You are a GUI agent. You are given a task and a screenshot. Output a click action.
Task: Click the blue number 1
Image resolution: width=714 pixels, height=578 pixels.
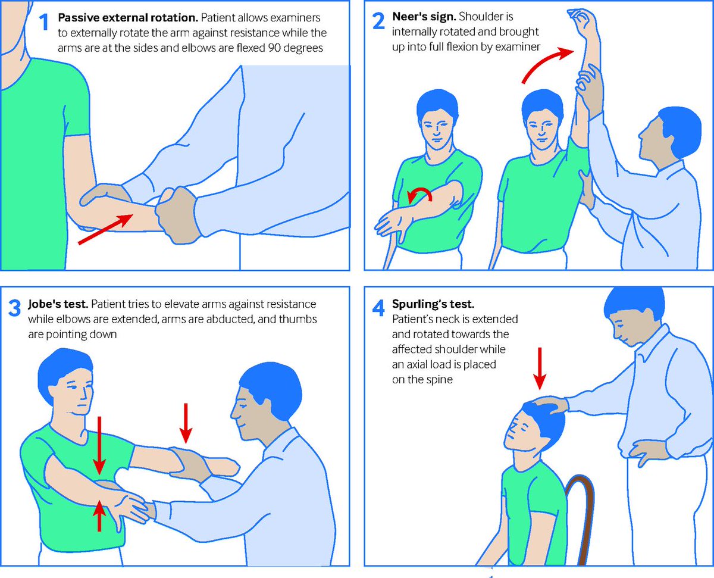click(x=44, y=23)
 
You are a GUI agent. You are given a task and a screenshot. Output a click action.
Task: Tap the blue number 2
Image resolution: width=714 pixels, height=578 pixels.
click(x=379, y=21)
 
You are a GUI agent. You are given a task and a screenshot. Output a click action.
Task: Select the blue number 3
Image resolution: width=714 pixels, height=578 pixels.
click(x=14, y=308)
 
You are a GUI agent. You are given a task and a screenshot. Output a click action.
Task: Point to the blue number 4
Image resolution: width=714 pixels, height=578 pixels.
click(x=378, y=308)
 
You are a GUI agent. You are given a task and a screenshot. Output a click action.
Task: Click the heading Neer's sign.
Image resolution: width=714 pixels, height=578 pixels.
click(x=424, y=17)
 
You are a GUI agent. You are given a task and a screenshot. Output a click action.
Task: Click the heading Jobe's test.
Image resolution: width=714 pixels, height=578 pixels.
click(x=58, y=304)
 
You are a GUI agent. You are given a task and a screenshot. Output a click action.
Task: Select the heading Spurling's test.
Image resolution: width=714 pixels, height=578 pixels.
click(x=433, y=304)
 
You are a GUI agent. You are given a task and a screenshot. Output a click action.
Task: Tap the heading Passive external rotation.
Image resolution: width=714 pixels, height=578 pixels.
click(x=128, y=17)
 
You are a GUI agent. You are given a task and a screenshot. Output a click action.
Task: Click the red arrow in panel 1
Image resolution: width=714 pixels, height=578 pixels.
click(x=105, y=229)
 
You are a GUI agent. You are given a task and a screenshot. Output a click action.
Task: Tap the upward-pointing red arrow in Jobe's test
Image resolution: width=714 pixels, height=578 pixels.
click(x=99, y=515)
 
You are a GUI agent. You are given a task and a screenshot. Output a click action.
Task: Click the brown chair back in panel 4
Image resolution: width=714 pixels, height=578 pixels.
click(x=583, y=516)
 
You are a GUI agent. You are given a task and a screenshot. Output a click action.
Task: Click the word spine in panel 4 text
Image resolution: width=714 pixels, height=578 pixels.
click(x=440, y=380)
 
